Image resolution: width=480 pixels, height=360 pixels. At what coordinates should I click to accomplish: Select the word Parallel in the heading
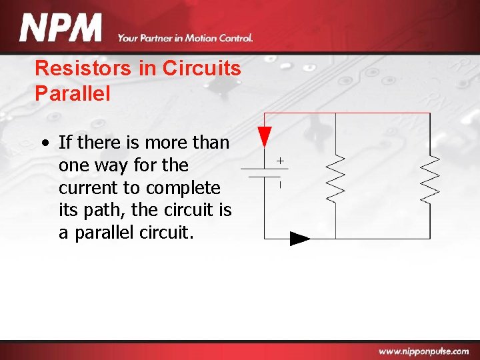point(72,93)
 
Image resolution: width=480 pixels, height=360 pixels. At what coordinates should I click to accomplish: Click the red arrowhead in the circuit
point(265,136)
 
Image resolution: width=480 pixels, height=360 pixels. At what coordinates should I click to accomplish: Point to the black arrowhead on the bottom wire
point(300,239)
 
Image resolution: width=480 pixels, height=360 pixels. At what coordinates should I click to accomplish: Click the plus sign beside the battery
point(280,161)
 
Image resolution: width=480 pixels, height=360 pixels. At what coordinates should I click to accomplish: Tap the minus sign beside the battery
point(280,184)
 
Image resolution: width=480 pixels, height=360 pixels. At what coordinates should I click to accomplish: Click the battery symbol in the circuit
point(264,173)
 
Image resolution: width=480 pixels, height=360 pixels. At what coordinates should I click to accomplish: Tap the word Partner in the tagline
point(159,38)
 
